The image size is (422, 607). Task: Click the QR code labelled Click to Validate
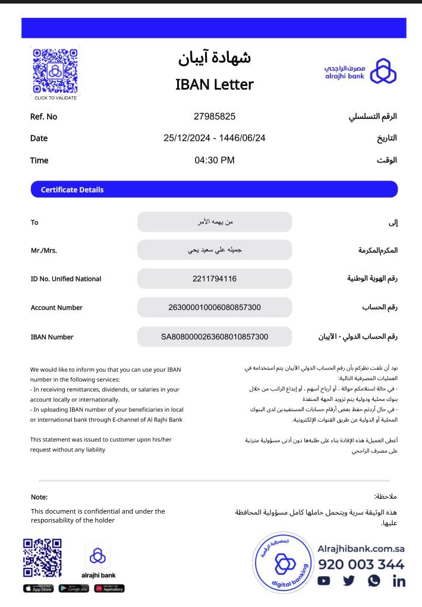(x=55, y=71)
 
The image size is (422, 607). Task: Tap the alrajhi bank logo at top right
(x=360, y=71)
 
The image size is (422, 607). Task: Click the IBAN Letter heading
(x=214, y=84)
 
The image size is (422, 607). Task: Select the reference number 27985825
(x=214, y=116)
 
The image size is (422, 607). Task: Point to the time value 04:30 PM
(x=214, y=160)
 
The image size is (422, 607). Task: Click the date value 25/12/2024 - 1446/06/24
(x=214, y=138)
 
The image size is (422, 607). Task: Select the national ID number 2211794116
(x=214, y=279)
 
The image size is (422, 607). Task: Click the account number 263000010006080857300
(x=214, y=308)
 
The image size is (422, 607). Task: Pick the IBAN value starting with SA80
(x=214, y=337)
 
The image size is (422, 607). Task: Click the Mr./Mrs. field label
(x=43, y=251)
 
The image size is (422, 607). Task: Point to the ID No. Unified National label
(x=65, y=279)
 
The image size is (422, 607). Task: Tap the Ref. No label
(x=43, y=117)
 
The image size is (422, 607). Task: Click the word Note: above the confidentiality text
(x=39, y=497)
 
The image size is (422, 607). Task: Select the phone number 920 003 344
(x=361, y=564)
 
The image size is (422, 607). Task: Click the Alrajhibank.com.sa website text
(x=361, y=549)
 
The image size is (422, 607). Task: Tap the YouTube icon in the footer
(x=324, y=581)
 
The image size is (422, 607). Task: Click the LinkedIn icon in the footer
(x=399, y=581)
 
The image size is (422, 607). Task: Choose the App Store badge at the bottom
(x=38, y=589)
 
